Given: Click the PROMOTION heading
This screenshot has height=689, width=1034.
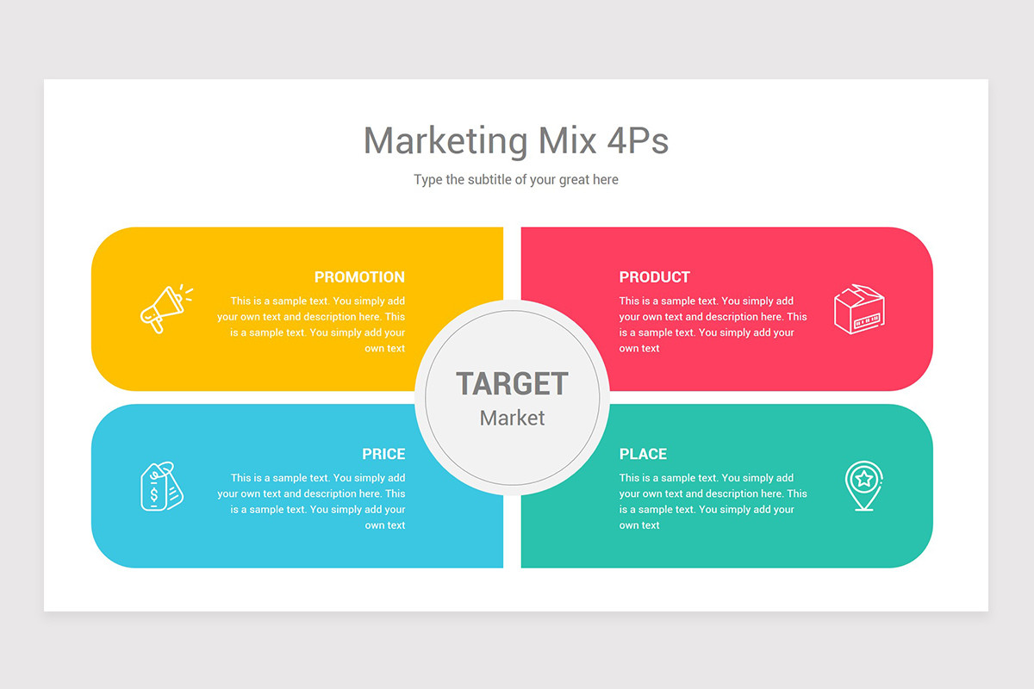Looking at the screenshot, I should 359,277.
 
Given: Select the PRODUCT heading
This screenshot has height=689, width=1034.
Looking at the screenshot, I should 654,277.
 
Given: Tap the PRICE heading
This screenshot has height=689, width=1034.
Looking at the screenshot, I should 383,454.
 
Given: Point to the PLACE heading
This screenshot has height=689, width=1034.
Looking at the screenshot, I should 643,454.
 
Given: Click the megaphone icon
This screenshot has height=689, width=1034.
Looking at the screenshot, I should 165,308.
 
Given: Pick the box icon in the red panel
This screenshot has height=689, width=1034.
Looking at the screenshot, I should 859,309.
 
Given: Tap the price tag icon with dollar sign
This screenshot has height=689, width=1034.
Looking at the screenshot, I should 161,487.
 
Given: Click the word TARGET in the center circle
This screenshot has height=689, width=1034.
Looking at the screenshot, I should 512,384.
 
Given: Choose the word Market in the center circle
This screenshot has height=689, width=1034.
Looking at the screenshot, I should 512,418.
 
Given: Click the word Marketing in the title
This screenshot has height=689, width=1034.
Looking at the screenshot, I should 445,140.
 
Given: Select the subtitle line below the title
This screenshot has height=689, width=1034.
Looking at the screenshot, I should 516,180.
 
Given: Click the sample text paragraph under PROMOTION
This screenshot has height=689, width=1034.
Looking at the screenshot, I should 312,325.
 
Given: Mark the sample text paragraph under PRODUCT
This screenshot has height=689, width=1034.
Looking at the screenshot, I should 713,325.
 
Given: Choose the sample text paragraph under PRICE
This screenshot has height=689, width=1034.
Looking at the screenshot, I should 312,501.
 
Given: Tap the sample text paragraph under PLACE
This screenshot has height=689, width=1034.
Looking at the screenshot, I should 713,501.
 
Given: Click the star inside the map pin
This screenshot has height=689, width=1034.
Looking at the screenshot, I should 863,477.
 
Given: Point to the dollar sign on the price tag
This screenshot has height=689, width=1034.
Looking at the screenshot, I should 155,494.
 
